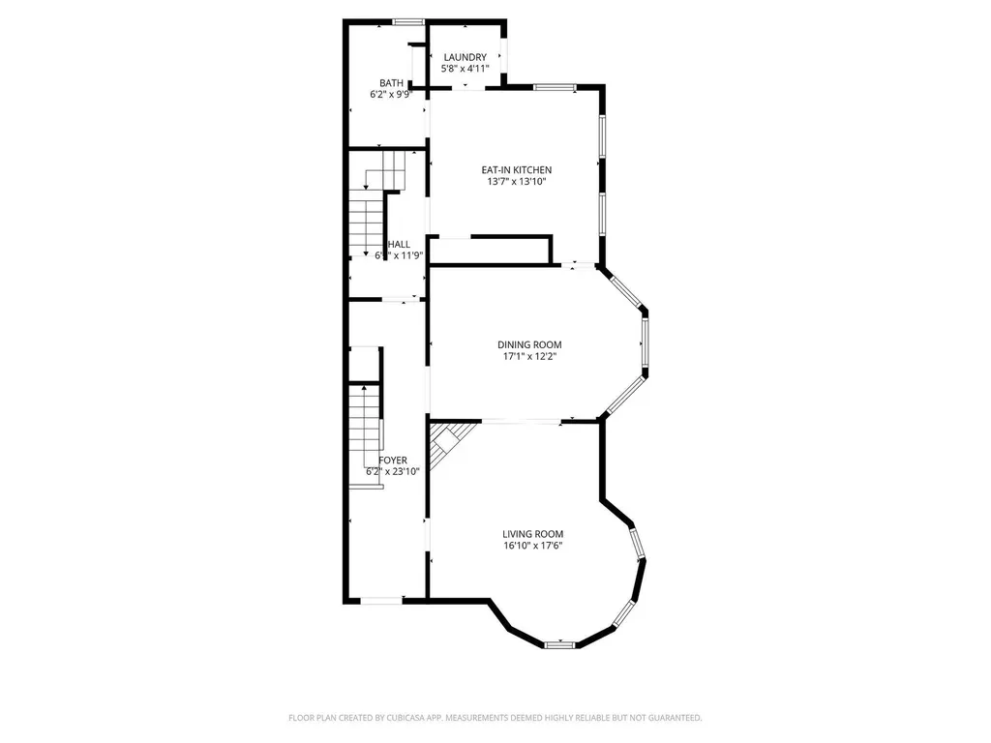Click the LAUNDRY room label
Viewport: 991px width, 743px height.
pyautogui.click(x=465, y=57)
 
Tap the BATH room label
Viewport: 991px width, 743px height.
pyautogui.click(x=392, y=83)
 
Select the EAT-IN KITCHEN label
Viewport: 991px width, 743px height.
pyautogui.click(x=517, y=169)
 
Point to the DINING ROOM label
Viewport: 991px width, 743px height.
pyautogui.click(x=529, y=344)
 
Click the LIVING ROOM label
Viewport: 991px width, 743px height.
pyautogui.click(x=532, y=534)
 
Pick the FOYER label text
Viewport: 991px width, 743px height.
pyautogui.click(x=393, y=461)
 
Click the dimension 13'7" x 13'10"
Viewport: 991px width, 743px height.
pyautogui.click(x=517, y=181)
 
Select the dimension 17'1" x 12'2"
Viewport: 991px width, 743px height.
pyautogui.click(x=529, y=356)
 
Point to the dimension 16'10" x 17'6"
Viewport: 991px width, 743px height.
pyautogui.click(x=532, y=546)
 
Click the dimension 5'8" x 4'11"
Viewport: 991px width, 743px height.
pyautogui.click(x=465, y=69)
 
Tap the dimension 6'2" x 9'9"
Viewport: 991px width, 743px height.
pyautogui.click(x=392, y=95)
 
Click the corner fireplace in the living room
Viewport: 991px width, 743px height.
pyautogui.click(x=448, y=443)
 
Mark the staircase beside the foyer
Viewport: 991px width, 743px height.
pyautogui.click(x=364, y=431)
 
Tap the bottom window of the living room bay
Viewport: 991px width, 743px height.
pyautogui.click(x=559, y=644)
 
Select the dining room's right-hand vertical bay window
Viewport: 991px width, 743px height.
pyautogui.click(x=646, y=344)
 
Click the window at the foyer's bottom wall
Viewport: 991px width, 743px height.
pyautogui.click(x=381, y=601)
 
